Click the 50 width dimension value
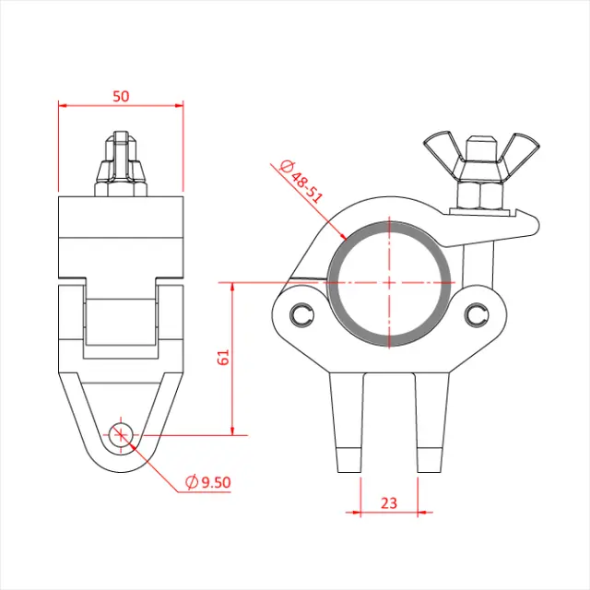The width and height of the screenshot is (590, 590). click(121, 95)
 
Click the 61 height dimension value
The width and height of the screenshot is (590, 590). click(222, 358)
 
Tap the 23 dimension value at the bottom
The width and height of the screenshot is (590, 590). click(388, 502)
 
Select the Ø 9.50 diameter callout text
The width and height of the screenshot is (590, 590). click(207, 481)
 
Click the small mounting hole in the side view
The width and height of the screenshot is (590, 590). click(121, 433)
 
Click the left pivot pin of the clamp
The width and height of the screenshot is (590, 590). click(301, 315)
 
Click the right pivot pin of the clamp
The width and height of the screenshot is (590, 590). click(475, 315)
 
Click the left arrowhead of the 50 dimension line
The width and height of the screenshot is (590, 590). click(63, 105)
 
